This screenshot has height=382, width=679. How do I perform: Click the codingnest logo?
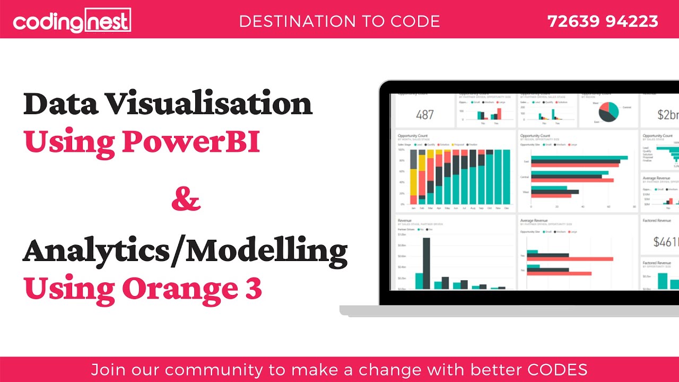click(x=72, y=21)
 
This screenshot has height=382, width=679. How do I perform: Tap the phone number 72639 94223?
click(x=603, y=21)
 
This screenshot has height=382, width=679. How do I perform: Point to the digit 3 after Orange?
click(x=253, y=288)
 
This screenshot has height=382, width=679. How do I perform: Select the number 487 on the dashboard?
click(x=425, y=115)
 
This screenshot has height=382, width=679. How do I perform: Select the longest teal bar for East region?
click(x=579, y=158)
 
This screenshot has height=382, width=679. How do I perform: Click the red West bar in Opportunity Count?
click(x=551, y=196)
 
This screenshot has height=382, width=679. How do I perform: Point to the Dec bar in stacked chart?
click(x=506, y=177)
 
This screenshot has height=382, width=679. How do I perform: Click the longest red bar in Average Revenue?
click(x=570, y=259)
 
